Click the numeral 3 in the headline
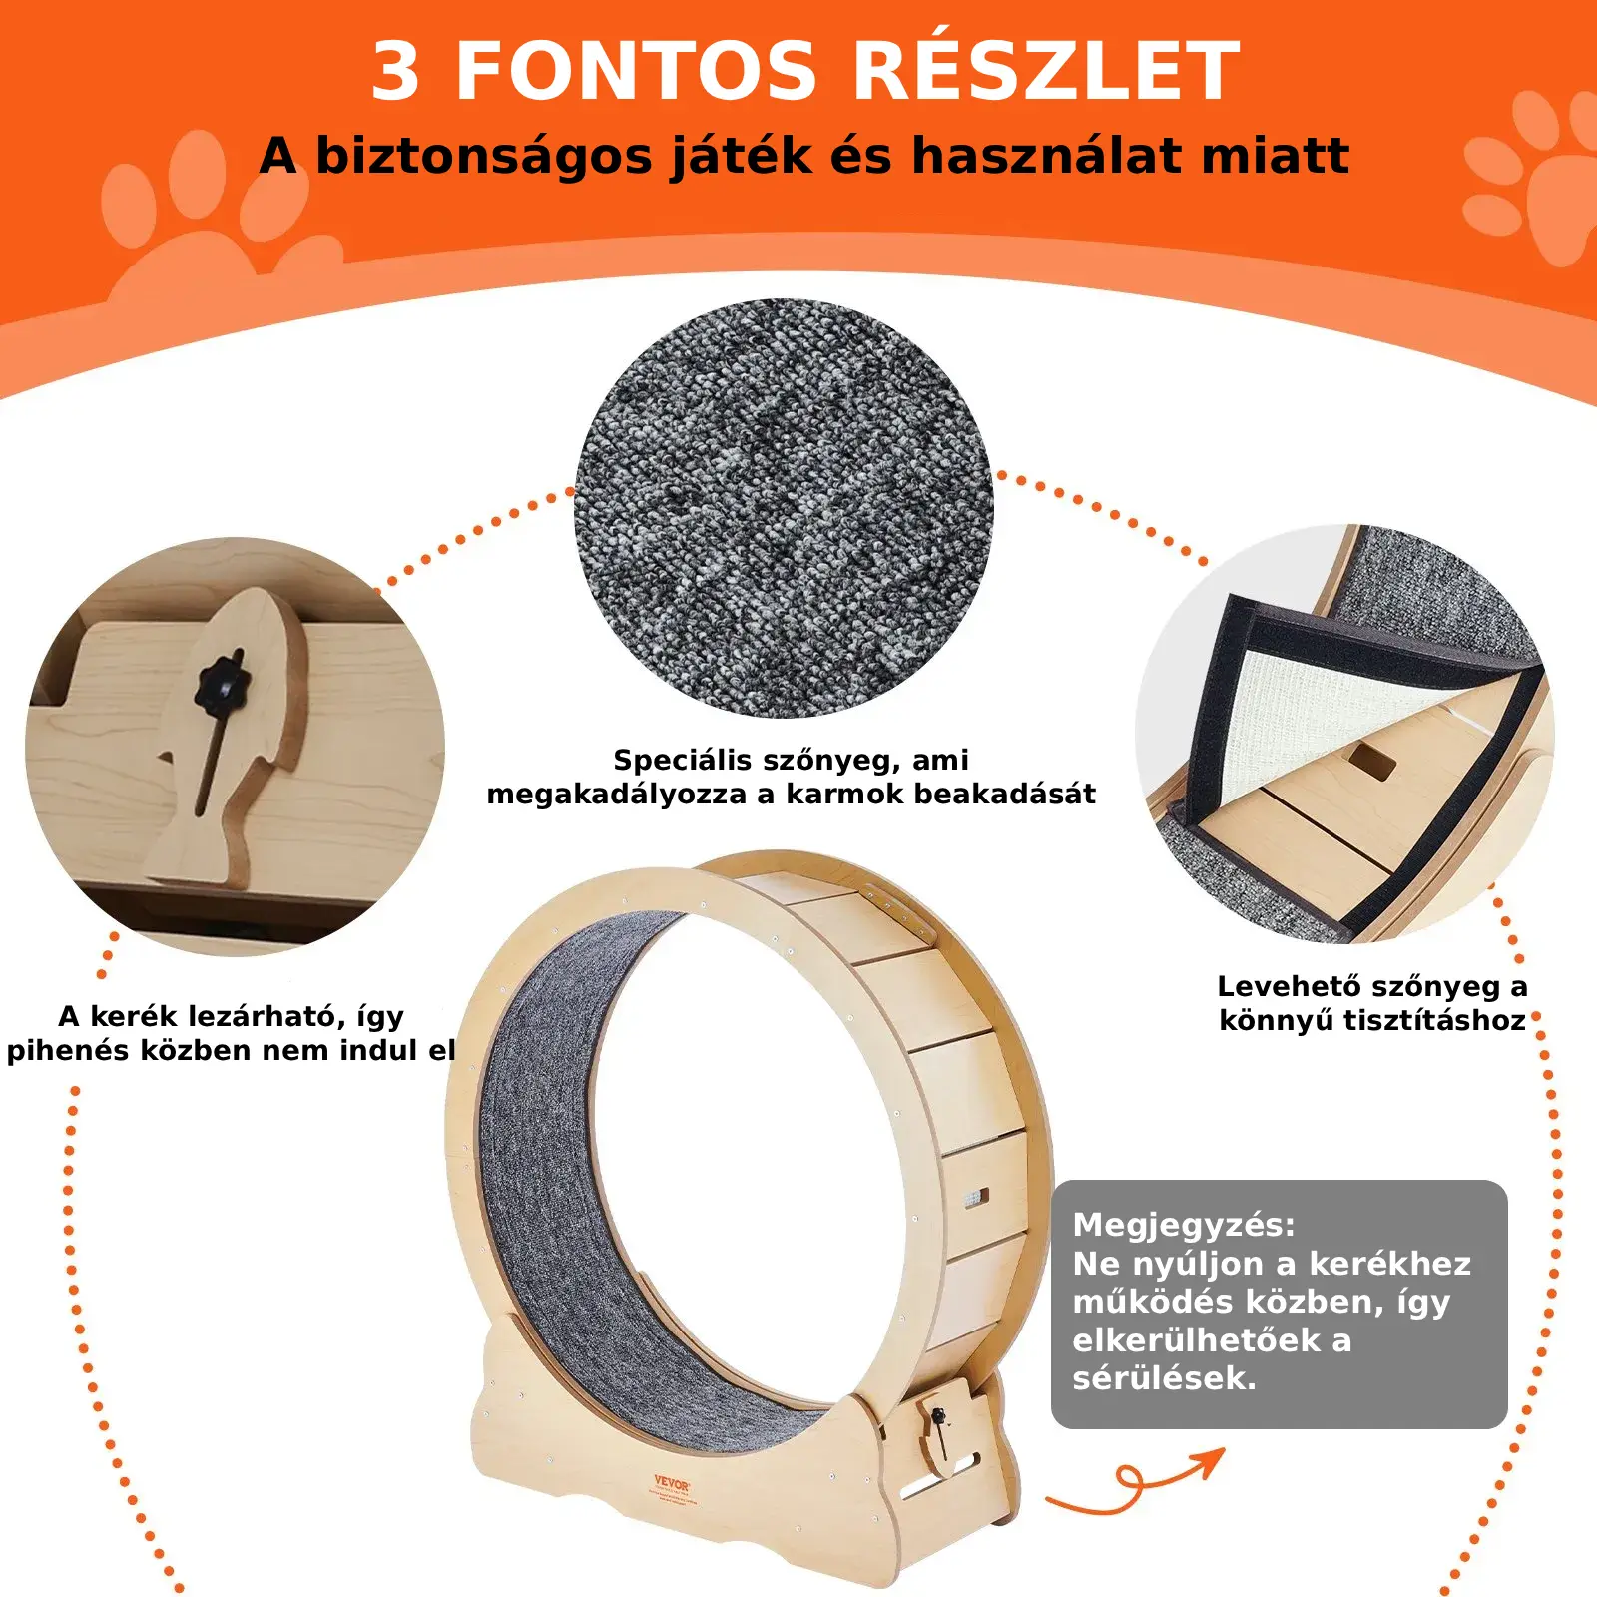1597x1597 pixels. (x=395, y=72)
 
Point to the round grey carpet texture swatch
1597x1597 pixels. (x=784, y=508)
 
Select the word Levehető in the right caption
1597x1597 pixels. (x=1289, y=986)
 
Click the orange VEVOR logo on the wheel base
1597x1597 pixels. (x=672, y=1483)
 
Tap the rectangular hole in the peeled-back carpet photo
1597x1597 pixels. (x=1372, y=761)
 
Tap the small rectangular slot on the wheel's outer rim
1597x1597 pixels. (x=976, y=1196)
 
